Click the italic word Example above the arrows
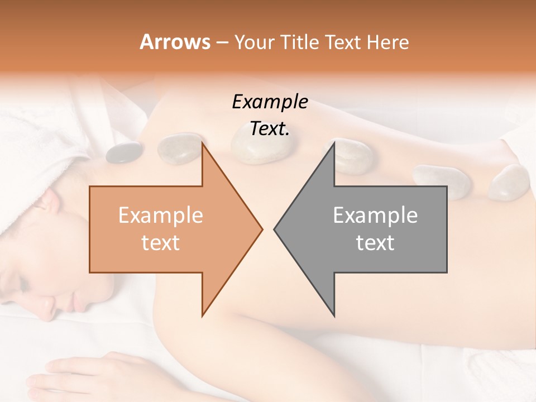coord(270,102)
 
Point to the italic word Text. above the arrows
coord(270,129)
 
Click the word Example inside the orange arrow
coord(161,215)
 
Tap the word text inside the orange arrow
coord(161,242)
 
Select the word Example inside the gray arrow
coord(375,215)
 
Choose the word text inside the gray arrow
coord(375,242)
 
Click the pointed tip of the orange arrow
coord(261,229)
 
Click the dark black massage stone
coord(124,152)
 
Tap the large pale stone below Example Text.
coord(260,149)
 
